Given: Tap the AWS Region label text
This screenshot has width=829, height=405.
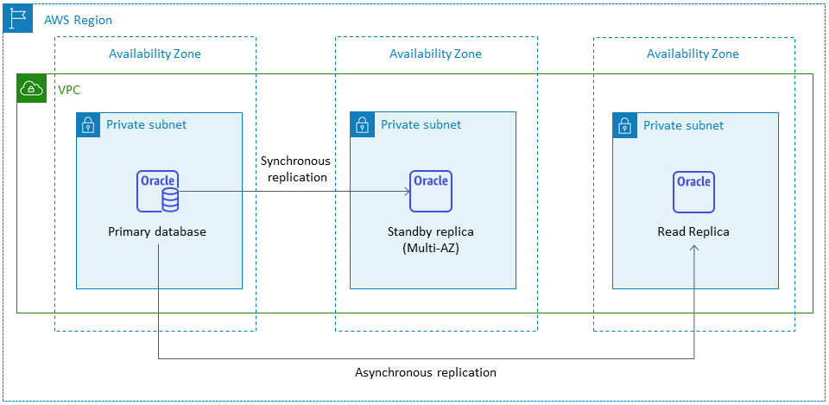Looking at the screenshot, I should (78, 20).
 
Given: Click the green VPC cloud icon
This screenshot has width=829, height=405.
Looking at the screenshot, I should (31, 88).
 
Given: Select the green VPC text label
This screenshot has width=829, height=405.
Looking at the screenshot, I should (69, 90).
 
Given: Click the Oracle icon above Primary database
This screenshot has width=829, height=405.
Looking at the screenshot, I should (158, 191).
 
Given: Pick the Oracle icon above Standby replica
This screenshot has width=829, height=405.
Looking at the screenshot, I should (430, 191).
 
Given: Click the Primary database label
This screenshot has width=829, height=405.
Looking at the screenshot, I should (157, 232).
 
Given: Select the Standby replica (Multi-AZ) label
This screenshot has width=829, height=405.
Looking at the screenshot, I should (431, 240).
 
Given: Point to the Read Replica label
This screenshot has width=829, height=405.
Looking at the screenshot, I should (693, 232).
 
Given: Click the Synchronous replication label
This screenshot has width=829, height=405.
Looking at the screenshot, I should (294, 169).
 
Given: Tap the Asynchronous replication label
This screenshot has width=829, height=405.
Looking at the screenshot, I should (426, 372).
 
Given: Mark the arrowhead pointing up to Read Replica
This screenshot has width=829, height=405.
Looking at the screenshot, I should (694, 250).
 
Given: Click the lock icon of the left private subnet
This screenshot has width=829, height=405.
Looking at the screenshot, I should (88, 124).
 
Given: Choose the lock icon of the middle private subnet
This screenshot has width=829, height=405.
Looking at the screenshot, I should (362, 124).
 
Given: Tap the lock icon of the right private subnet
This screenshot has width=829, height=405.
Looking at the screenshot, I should (624, 125).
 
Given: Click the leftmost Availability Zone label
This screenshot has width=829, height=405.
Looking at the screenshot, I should (155, 54).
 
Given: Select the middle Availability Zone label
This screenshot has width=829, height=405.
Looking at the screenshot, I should (435, 54).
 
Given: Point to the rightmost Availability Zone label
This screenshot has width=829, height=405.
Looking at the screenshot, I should (693, 54).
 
